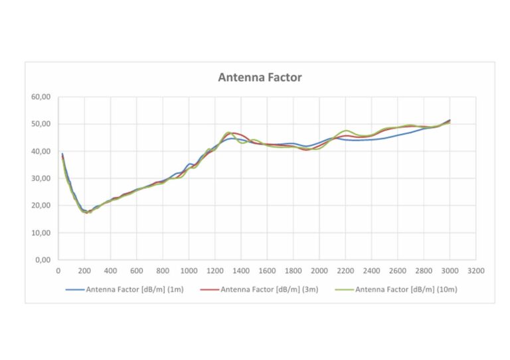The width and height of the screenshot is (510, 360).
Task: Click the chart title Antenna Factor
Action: (x=260, y=78)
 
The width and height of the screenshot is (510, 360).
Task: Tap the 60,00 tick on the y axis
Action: (x=42, y=97)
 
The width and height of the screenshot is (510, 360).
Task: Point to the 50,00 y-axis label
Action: (x=42, y=124)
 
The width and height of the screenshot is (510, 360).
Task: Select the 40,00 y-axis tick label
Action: (x=42, y=151)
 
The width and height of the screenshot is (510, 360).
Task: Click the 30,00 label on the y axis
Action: (x=42, y=178)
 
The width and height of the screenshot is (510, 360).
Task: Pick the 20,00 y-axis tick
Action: (x=42, y=206)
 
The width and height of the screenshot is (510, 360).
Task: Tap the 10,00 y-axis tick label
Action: (x=42, y=233)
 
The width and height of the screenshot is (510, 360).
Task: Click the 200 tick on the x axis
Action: (x=84, y=270)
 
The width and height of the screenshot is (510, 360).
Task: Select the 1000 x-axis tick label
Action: (x=189, y=270)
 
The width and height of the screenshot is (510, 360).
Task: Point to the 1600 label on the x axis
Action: (x=267, y=270)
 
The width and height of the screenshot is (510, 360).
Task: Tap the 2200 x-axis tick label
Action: (x=345, y=270)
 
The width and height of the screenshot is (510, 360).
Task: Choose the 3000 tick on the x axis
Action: (x=450, y=270)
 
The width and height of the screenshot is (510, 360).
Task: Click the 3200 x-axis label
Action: (x=475, y=270)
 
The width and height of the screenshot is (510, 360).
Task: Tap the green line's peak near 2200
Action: (x=346, y=131)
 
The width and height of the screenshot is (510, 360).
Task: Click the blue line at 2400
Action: (x=371, y=139)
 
